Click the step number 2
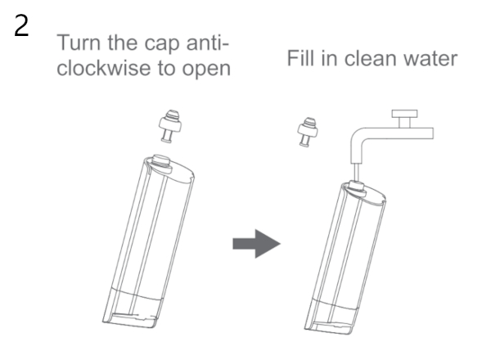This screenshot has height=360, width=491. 21,26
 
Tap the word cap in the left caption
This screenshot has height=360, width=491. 162,44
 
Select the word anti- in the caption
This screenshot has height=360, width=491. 208,43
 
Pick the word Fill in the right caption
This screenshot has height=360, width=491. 300,58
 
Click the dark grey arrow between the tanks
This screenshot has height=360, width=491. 256,244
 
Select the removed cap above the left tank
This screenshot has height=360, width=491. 170,126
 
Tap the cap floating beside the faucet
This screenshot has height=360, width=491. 308,132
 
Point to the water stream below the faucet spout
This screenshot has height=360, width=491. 356,172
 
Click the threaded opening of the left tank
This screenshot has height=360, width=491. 161,162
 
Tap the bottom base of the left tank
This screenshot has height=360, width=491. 130,319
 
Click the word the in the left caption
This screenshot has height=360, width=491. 123,43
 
